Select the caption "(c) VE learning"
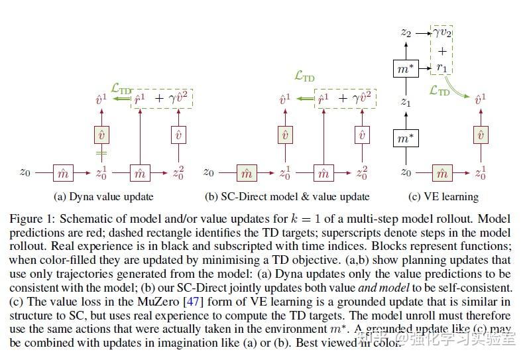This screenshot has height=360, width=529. point(443,196)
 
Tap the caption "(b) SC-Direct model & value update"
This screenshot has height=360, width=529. point(287,196)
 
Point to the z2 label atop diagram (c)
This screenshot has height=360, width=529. point(406,31)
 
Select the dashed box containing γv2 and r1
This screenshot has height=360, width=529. point(442,50)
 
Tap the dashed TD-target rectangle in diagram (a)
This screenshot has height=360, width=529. point(158,99)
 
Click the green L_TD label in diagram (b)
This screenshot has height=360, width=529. point(304,77)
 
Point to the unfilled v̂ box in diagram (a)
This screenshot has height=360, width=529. point(178,135)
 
